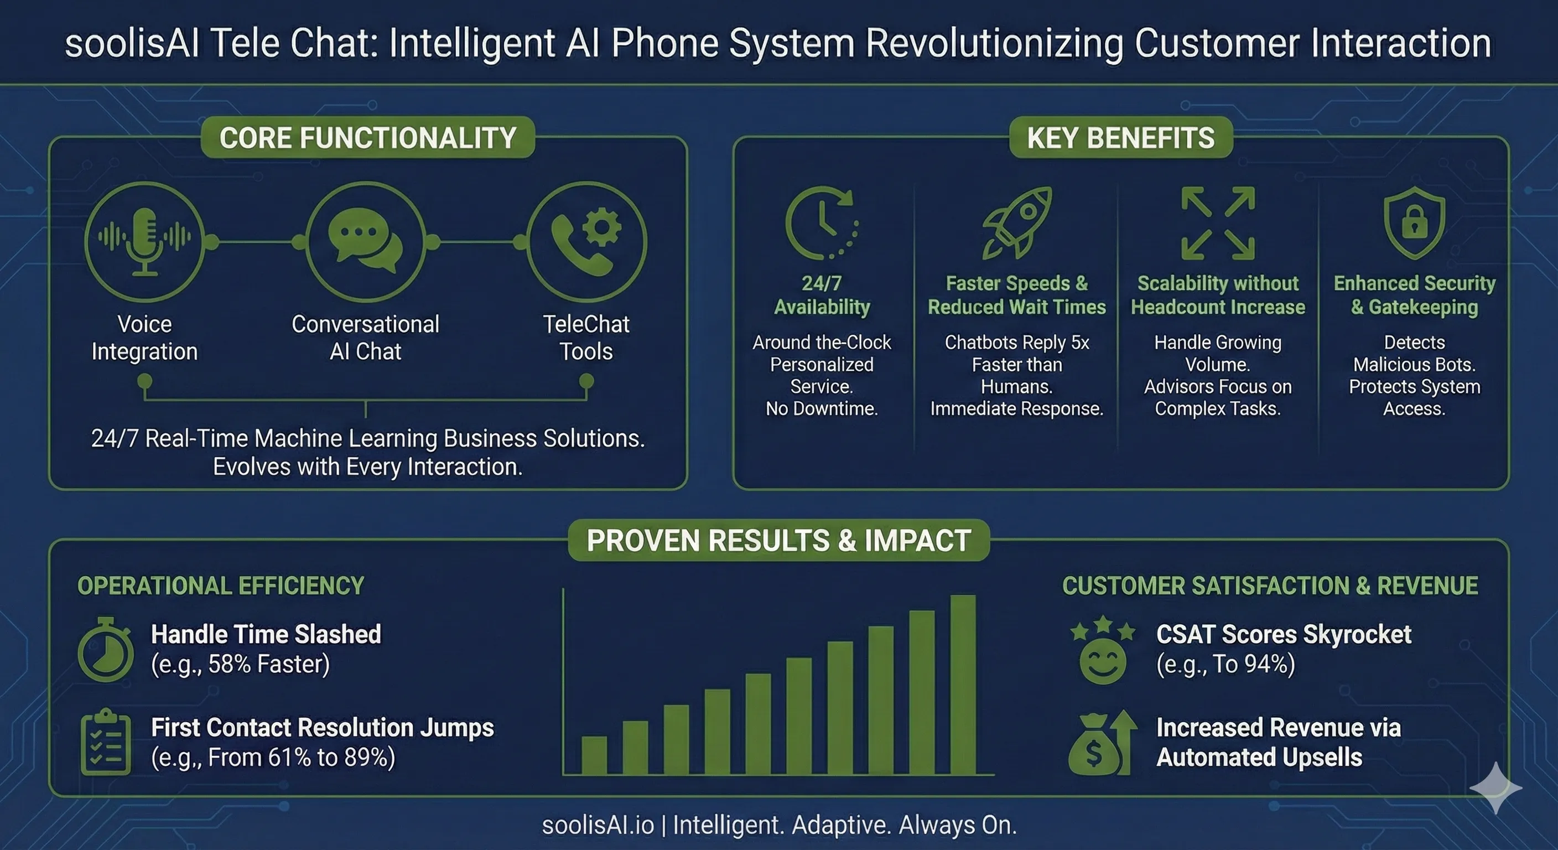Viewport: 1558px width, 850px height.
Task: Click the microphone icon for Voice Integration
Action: (x=144, y=241)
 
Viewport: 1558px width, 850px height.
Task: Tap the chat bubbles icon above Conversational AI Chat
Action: (x=365, y=240)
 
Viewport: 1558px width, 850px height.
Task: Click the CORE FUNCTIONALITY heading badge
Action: (x=368, y=137)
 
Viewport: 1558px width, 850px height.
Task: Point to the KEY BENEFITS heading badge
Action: (x=1120, y=137)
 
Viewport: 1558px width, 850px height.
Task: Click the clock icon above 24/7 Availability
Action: (x=822, y=223)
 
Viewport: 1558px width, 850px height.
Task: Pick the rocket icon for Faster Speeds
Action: (x=1017, y=222)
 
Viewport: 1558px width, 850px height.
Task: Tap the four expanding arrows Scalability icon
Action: (x=1218, y=223)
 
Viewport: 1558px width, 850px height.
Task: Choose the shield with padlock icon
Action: (x=1414, y=222)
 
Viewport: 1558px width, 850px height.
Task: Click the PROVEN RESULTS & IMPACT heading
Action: (x=778, y=540)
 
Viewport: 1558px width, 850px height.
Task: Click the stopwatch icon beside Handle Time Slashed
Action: (x=106, y=649)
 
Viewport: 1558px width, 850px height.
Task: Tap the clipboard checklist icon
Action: (x=106, y=742)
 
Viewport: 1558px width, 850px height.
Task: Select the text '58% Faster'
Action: (x=266, y=664)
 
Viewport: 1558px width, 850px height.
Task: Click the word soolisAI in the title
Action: (x=132, y=44)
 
